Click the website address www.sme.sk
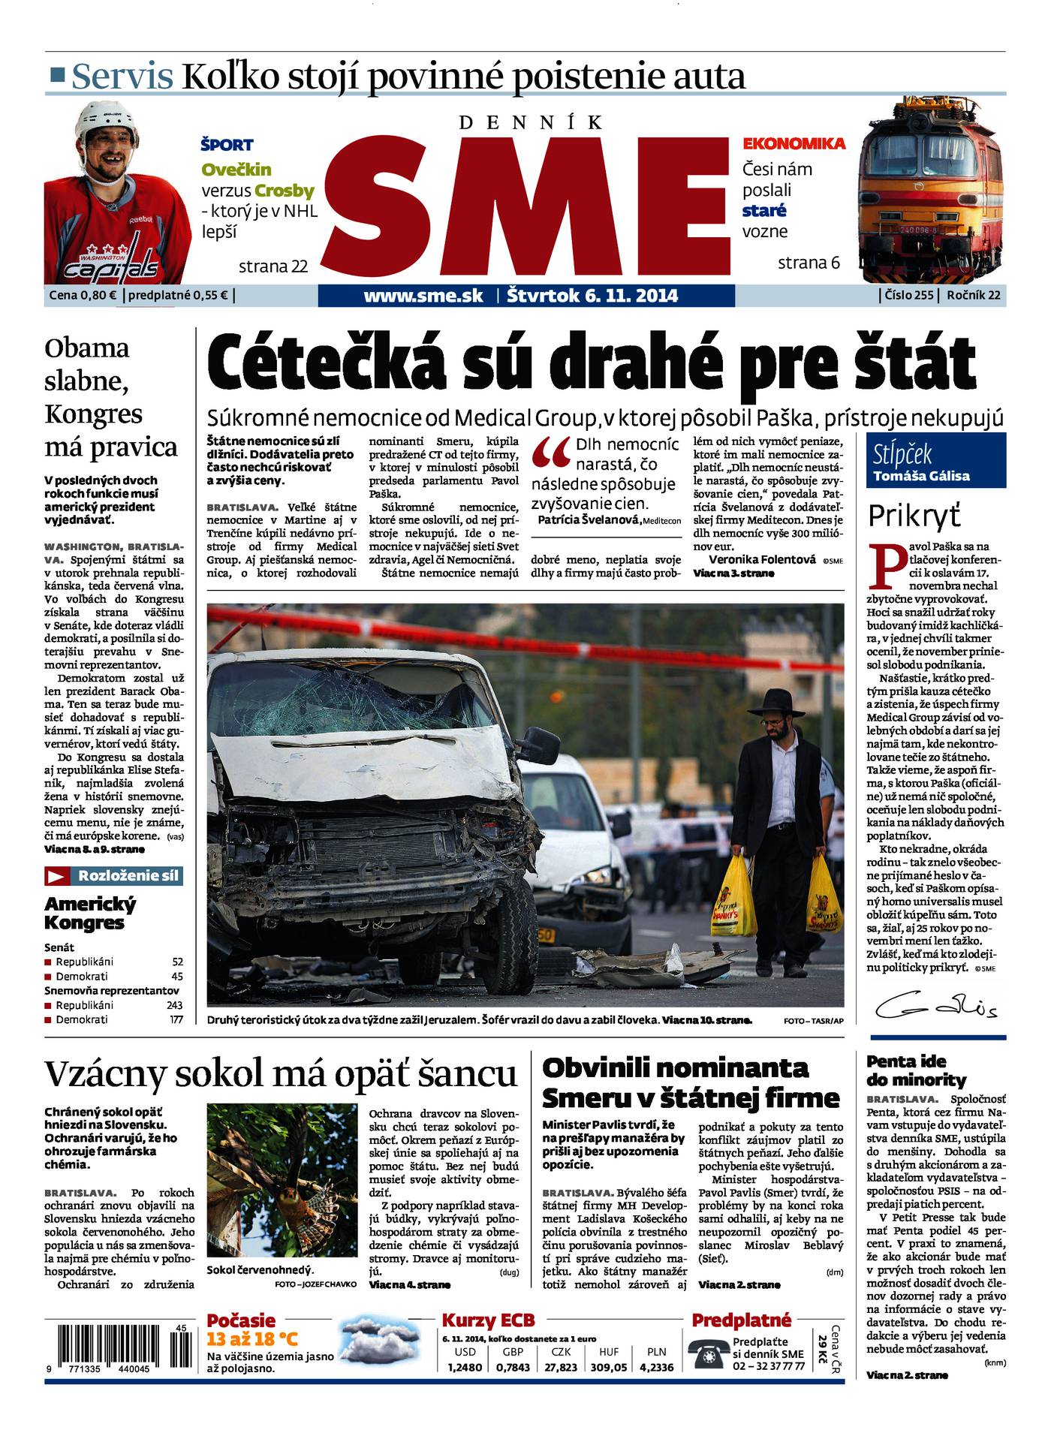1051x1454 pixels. tap(423, 296)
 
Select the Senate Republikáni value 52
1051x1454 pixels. tap(177, 962)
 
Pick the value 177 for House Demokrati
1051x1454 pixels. tap(176, 1019)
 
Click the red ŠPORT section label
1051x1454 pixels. tap(227, 145)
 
